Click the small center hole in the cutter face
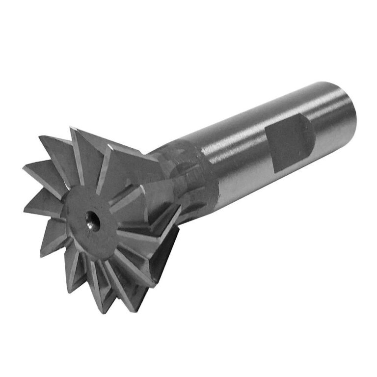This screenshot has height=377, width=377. (92, 217)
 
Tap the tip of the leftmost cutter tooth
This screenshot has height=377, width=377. (24, 169)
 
